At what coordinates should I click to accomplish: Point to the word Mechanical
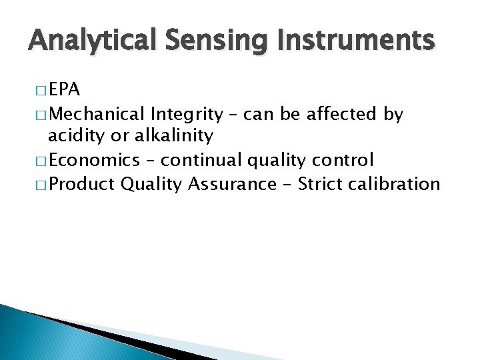point(98,115)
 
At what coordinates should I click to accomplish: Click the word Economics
point(95,160)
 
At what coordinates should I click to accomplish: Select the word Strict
point(321,183)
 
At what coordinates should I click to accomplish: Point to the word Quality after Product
point(151,183)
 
